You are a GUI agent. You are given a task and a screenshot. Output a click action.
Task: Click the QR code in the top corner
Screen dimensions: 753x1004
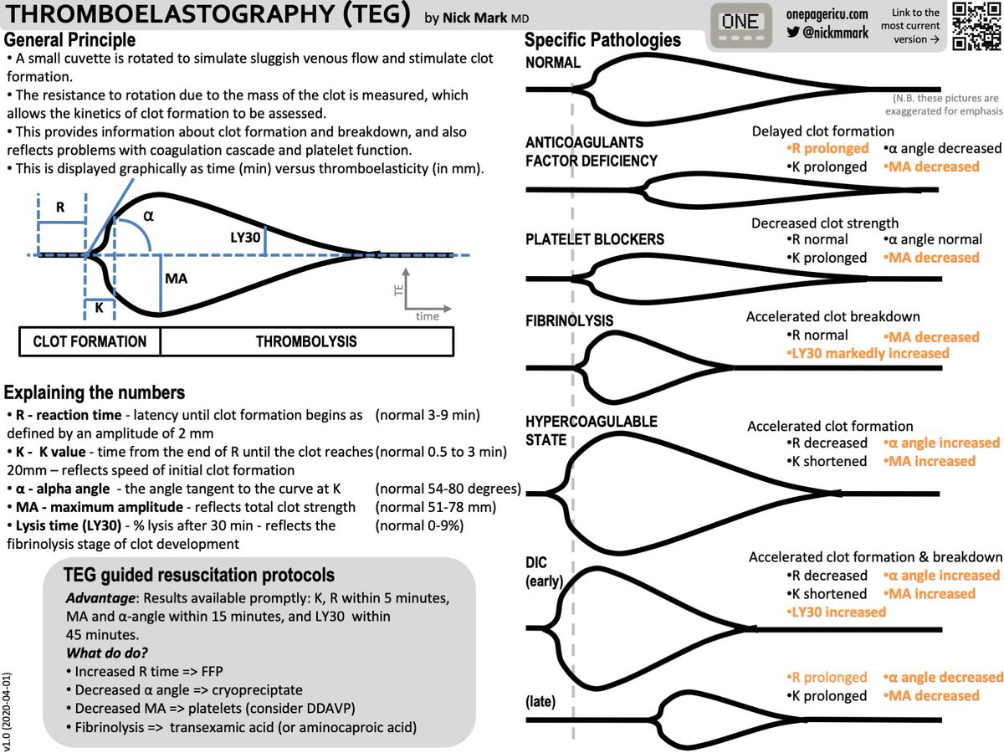(x=974, y=27)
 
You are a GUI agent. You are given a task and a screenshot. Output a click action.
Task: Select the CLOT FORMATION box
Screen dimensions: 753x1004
(x=90, y=341)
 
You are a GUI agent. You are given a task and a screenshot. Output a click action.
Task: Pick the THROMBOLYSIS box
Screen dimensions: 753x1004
(x=306, y=341)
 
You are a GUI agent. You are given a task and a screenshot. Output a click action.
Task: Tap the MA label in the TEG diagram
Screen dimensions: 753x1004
(x=177, y=279)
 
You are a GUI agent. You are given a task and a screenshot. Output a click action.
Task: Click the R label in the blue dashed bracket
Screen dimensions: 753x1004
(x=62, y=204)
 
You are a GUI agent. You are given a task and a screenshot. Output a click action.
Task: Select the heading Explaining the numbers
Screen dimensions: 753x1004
(x=95, y=392)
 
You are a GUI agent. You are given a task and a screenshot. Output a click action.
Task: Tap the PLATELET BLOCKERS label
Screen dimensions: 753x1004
(x=595, y=239)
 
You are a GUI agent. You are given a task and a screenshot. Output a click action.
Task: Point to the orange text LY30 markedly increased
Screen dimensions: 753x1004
(x=868, y=353)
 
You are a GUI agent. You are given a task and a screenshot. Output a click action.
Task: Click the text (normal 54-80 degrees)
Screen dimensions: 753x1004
(x=448, y=489)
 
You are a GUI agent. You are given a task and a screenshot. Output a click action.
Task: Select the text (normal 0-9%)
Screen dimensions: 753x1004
(x=419, y=525)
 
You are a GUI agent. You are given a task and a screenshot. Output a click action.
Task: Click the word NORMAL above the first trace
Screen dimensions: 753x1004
(x=553, y=63)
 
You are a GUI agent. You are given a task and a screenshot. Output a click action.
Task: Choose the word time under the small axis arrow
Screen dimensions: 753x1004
(x=427, y=317)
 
